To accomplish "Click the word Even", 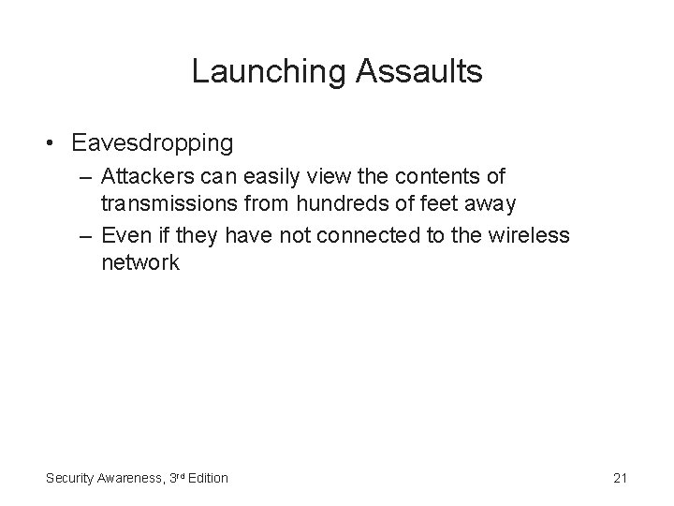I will pos(121,235).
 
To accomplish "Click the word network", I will pos(140,261).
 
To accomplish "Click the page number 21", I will pos(619,478).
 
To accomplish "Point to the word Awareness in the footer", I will pos(131,478).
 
